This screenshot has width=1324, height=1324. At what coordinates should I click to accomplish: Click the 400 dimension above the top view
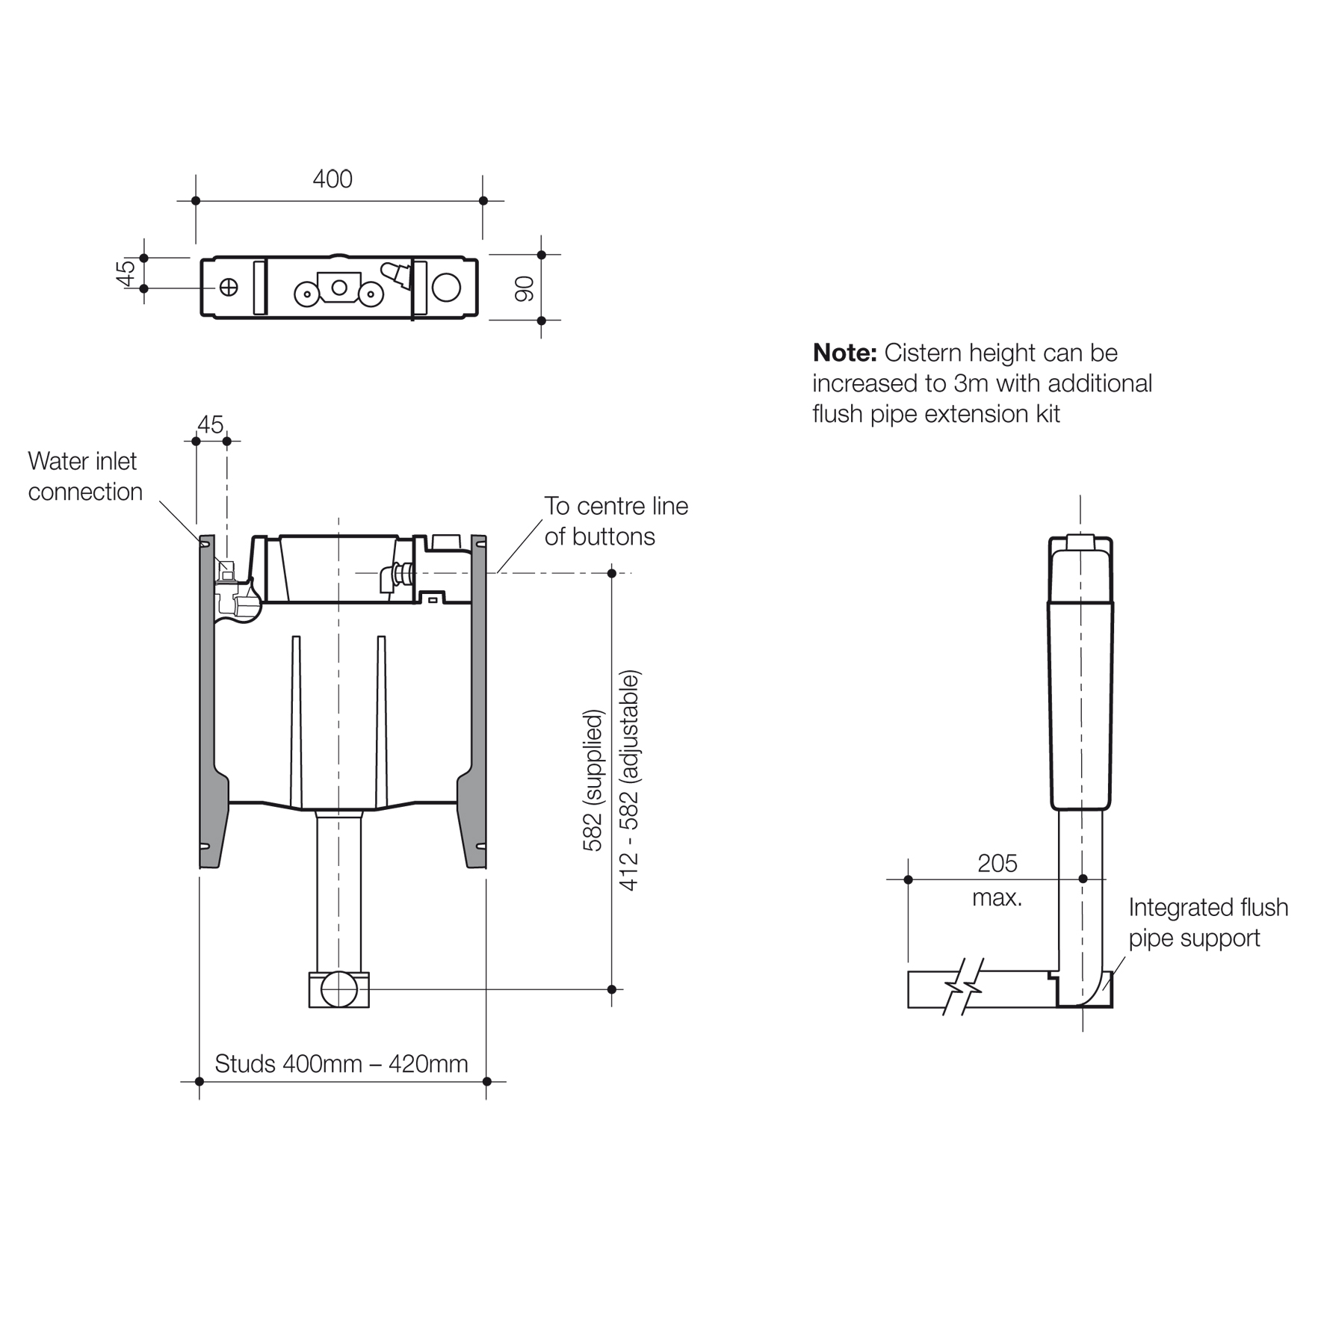point(332,179)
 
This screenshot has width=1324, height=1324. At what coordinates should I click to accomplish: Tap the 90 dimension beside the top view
point(525,288)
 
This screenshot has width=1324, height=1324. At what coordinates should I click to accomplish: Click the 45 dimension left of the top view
point(126,272)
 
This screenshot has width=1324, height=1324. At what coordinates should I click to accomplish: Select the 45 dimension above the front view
point(210,424)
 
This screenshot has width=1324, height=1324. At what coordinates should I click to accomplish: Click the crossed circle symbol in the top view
point(229,287)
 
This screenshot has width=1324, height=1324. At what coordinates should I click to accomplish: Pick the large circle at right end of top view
point(446,287)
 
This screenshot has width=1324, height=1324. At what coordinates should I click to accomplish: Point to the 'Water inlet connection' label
point(84,477)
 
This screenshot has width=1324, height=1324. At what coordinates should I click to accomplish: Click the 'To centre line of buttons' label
point(615,521)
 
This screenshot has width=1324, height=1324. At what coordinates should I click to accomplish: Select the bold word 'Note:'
point(844,353)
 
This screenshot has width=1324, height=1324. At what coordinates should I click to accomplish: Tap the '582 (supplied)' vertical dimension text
point(592,780)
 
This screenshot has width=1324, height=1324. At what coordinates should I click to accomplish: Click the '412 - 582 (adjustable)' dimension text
point(629,780)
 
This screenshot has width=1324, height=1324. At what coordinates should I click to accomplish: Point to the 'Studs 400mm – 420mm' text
point(341,1063)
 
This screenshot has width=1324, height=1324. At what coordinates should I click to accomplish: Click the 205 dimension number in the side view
point(997,864)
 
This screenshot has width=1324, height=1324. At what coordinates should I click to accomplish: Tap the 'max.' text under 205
point(997,897)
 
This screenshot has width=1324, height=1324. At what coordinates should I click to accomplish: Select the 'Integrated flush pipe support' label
point(1207,922)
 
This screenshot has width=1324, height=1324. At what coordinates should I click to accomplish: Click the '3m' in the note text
point(971,383)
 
